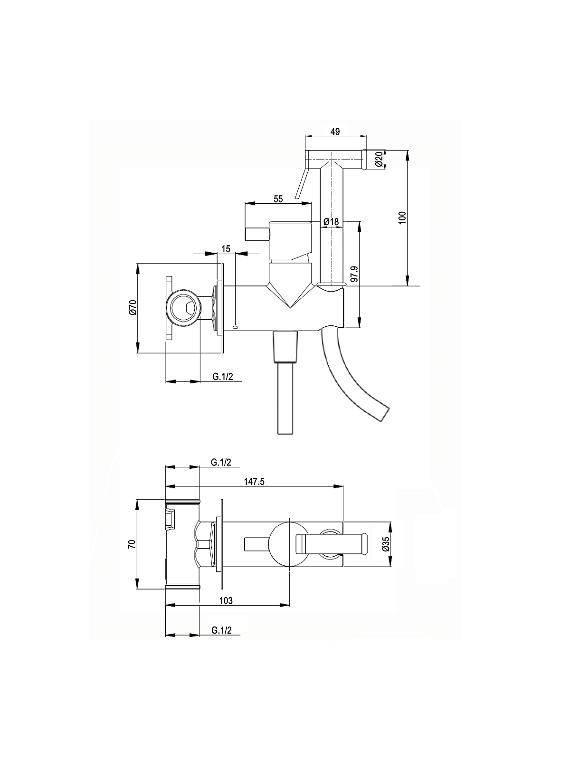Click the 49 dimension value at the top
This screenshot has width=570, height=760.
(x=335, y=132)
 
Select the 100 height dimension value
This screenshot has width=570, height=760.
(x=402, y=218)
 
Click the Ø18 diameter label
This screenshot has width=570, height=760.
(x=331, y=222)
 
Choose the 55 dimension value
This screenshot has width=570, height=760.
(x=278, y=199)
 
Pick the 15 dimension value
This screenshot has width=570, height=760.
(x=226, y=248)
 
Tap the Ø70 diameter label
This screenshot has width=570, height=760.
(x=133, y=307)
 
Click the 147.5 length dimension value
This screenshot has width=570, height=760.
(x=254, y=482)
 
